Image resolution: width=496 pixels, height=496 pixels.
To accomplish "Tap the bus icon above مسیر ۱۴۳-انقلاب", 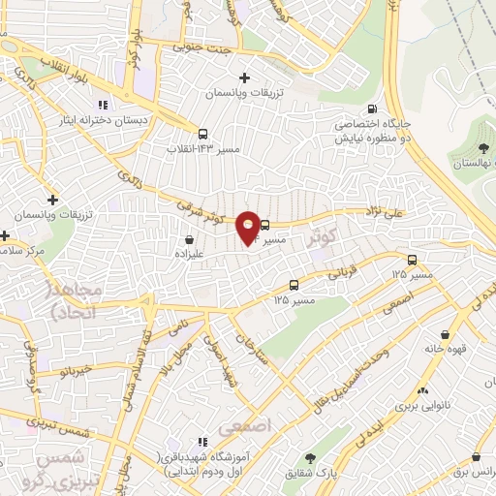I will tap(202, 135).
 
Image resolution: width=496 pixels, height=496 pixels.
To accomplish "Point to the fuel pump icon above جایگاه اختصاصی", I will tap(372, 109).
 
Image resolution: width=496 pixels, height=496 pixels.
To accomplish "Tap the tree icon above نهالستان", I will tap(481, 147).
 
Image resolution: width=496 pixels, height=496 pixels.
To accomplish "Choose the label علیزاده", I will tap(188, 251).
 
